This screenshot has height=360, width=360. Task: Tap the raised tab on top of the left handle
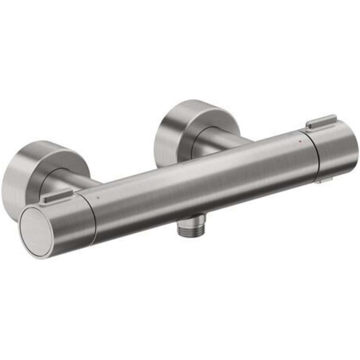(56, 197)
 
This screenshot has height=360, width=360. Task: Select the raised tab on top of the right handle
(321, 121)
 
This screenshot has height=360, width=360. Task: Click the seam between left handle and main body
(93, 216)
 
